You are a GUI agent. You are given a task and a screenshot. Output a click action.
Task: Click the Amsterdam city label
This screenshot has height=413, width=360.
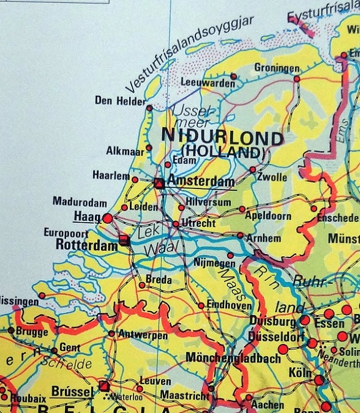[201, 182]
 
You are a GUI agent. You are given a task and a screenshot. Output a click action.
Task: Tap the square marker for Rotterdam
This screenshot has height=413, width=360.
[125, 240]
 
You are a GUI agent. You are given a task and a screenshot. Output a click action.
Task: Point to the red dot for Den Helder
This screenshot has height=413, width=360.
[149, 108]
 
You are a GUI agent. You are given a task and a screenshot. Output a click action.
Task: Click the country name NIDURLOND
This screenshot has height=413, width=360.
[222, 137]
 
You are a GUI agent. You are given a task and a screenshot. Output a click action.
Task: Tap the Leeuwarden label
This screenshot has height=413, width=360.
[208, 83]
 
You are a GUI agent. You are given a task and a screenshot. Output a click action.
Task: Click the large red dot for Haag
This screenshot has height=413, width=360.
[108, 218]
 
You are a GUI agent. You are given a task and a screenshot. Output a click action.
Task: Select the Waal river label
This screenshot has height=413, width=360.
[157, 250]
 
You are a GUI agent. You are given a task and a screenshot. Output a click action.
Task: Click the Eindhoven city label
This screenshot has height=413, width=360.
[229, 305]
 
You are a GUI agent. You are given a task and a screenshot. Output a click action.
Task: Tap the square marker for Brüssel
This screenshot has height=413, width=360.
[104, 386]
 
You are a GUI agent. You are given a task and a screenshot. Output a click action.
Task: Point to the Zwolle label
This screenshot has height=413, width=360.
[272, 177]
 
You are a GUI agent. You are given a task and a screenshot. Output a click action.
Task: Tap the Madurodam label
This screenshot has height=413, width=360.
[80, 202]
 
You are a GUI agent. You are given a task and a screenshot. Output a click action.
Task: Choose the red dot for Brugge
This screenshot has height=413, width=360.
[10, 330]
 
